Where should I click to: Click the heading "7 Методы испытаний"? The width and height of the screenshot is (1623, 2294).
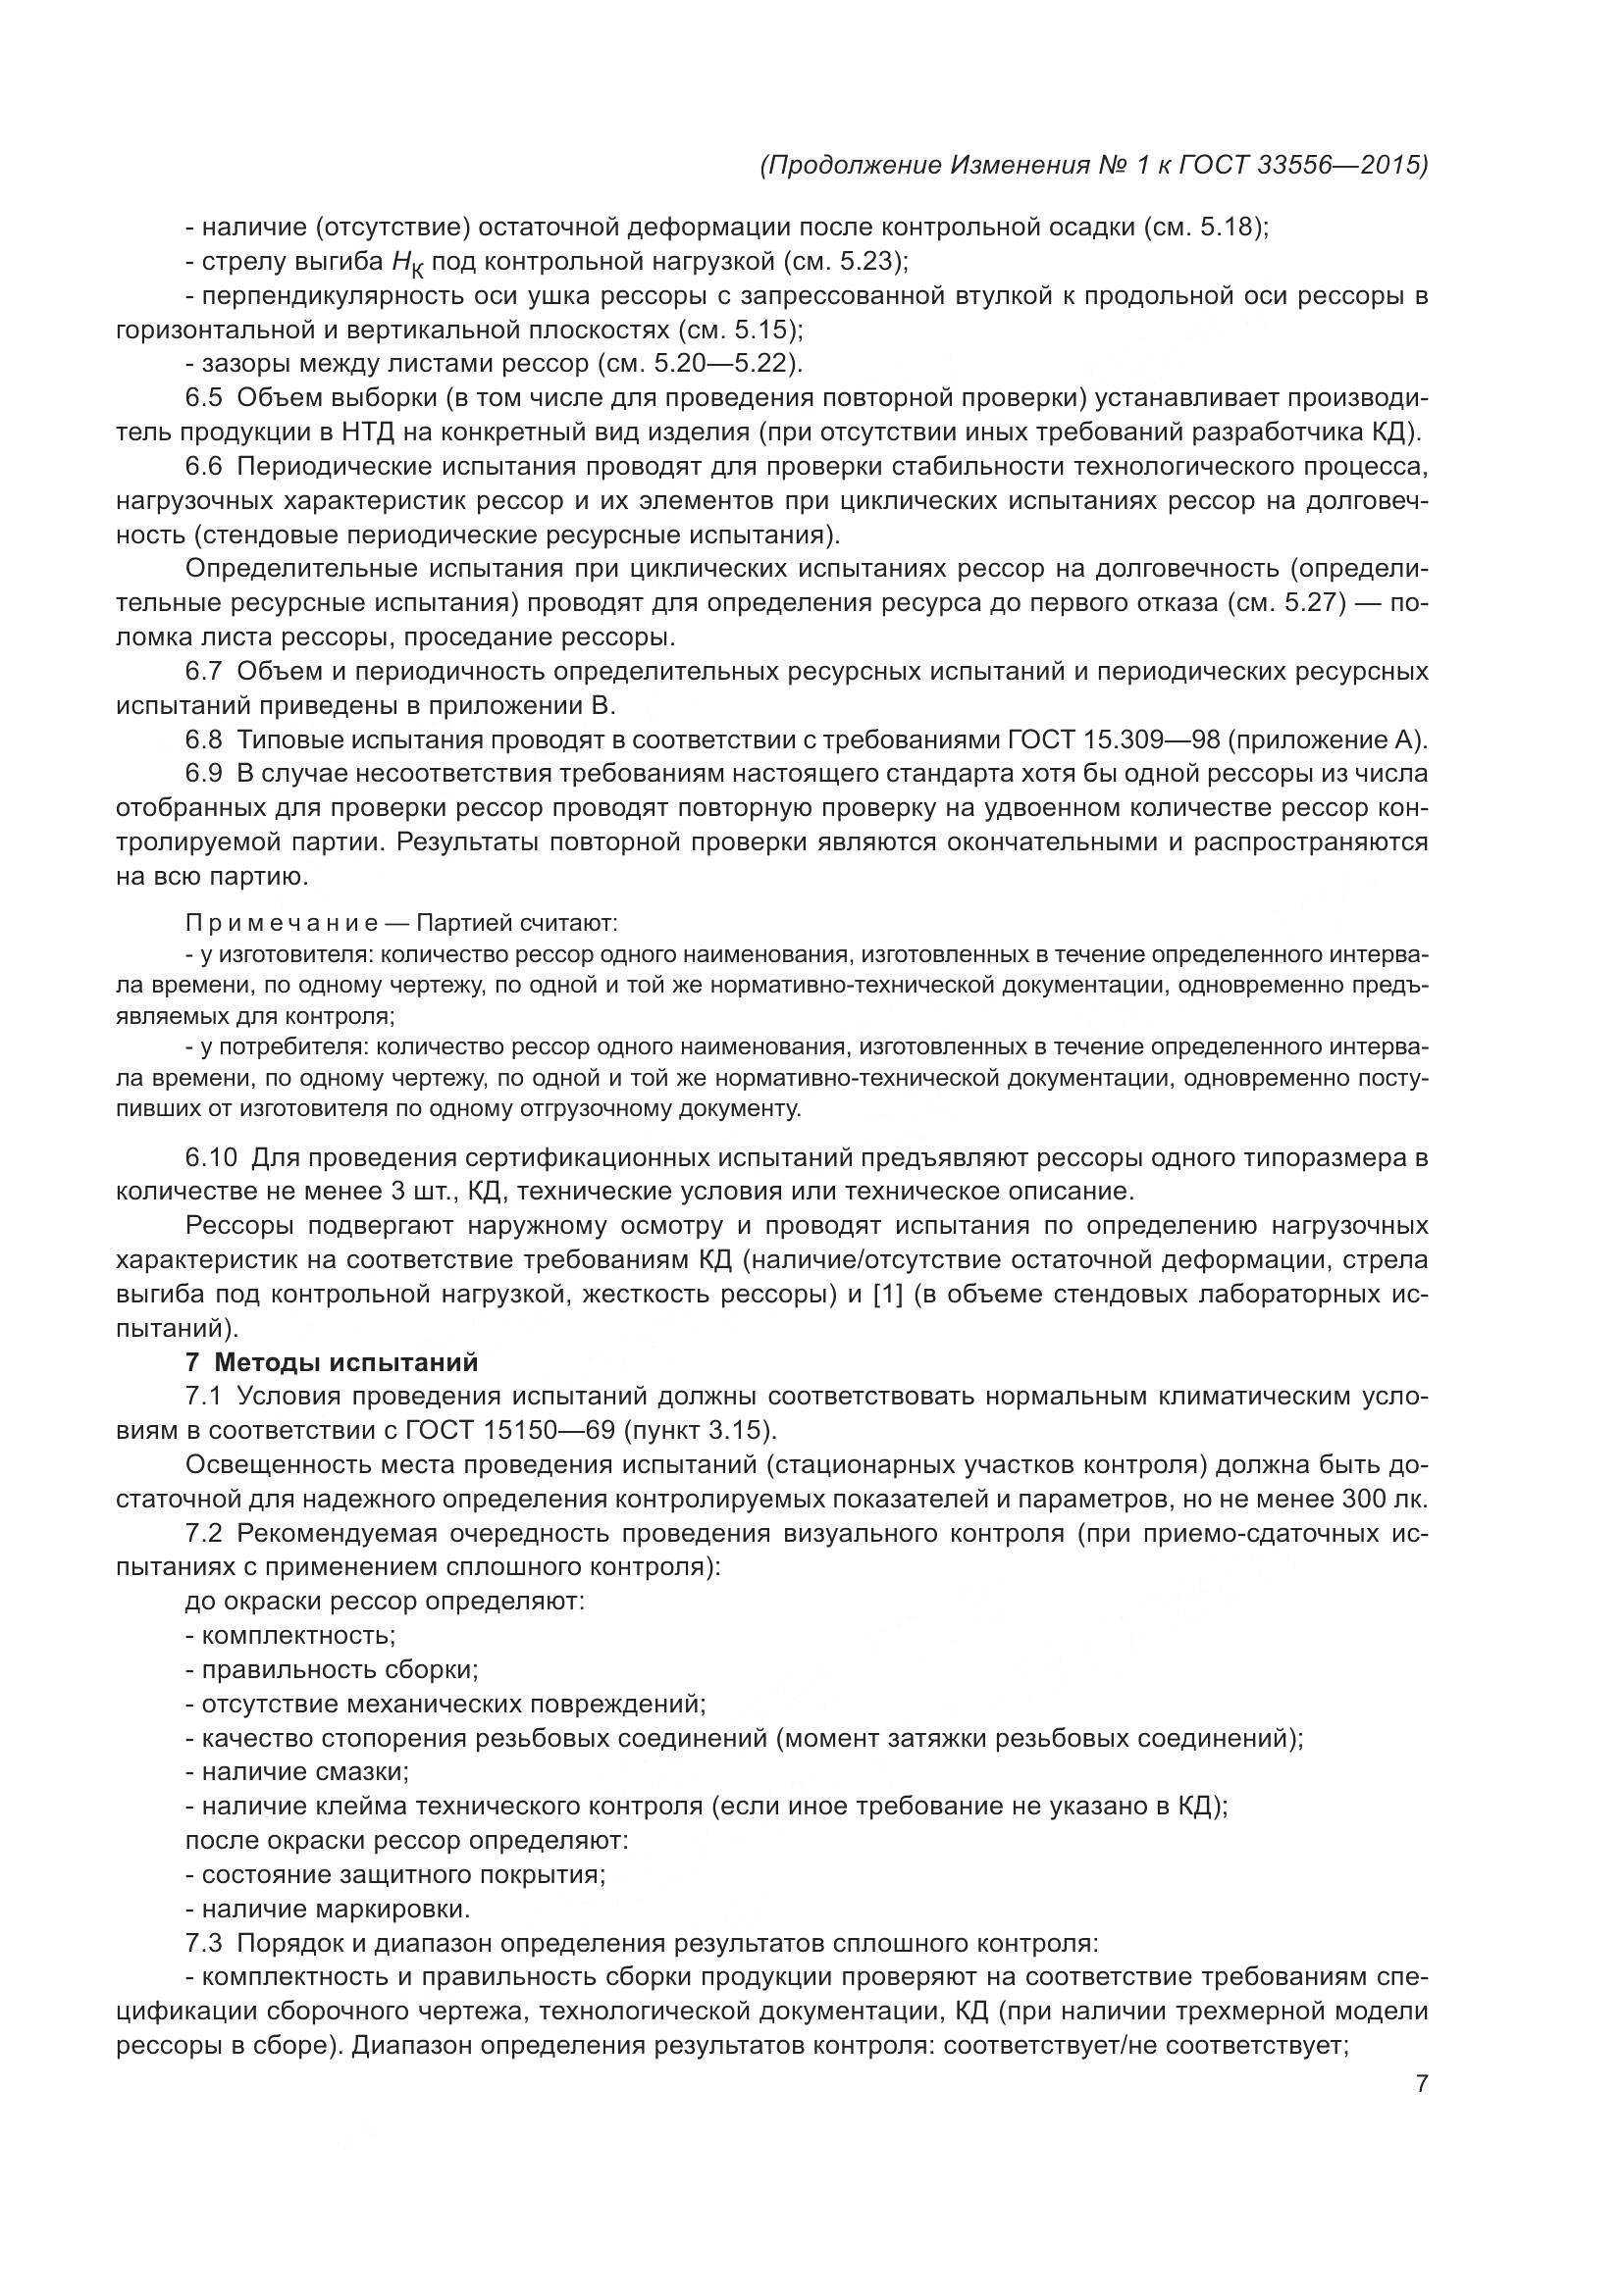[332, 1363]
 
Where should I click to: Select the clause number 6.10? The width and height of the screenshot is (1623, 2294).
[211, 1158]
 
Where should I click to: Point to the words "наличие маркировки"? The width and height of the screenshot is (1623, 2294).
[335, 1909]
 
